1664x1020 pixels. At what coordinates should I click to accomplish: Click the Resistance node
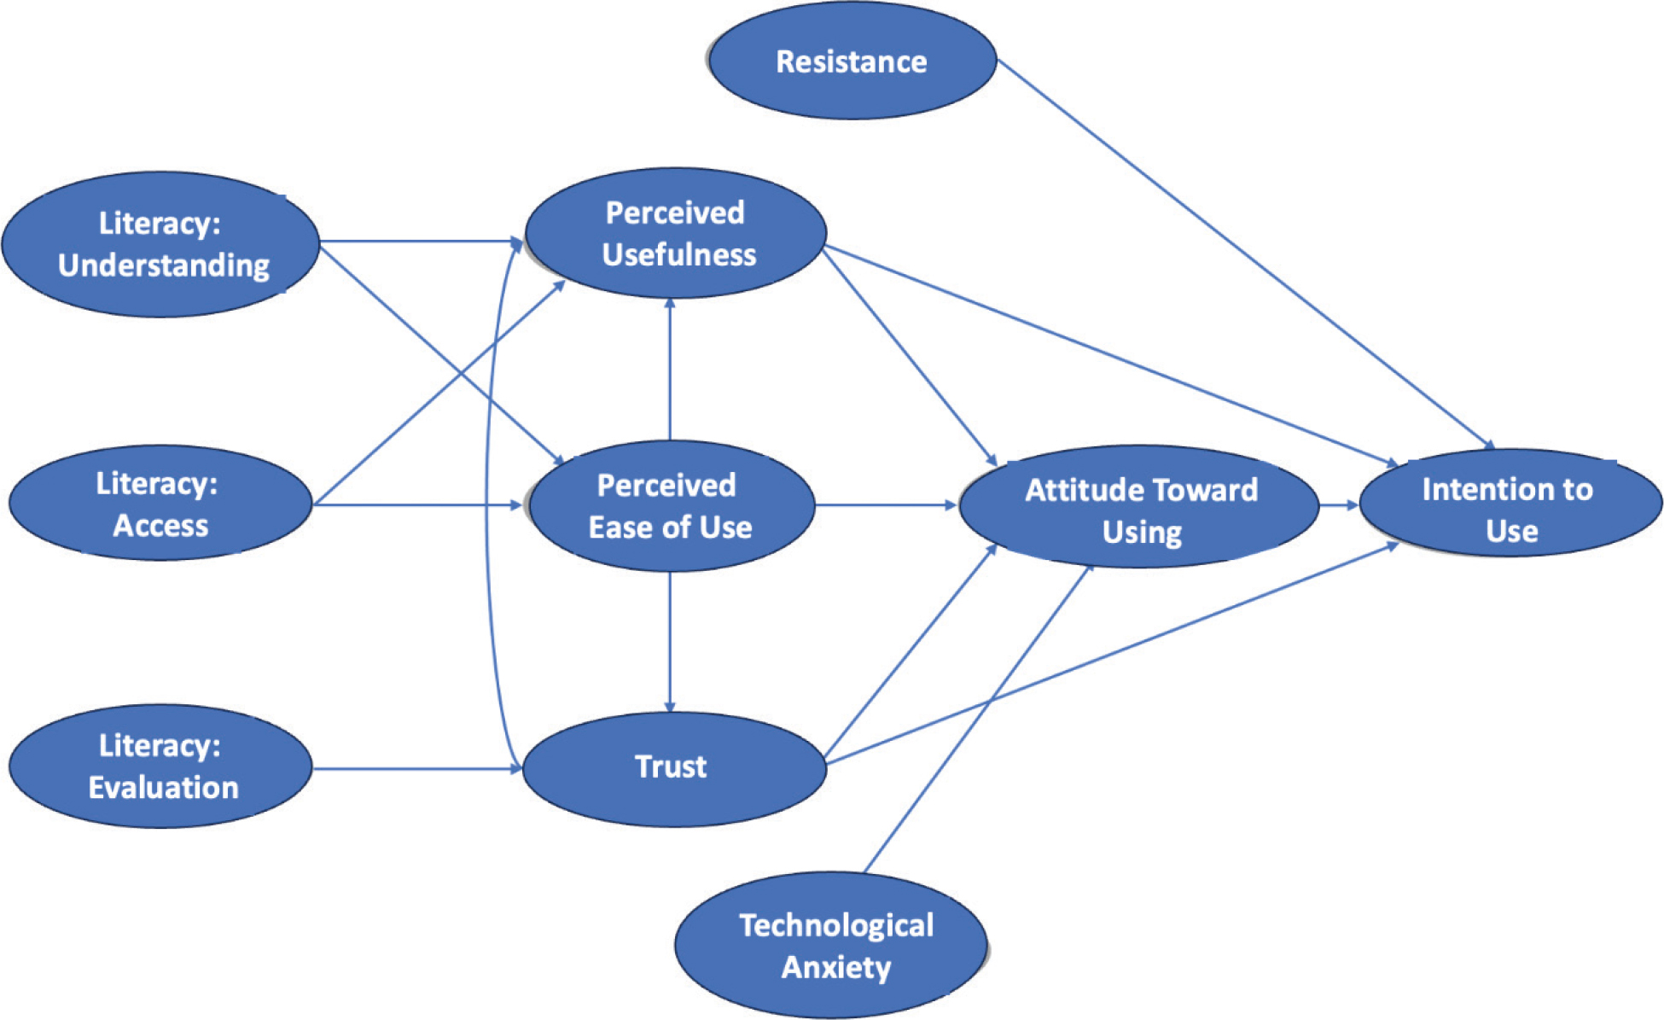click(852, 61)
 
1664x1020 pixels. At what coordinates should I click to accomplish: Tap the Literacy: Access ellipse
click(160, 504)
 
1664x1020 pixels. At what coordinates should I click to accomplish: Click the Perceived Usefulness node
click(675, 233)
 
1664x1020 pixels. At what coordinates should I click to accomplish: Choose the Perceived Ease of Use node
click(671, 505)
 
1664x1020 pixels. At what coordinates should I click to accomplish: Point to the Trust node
click(673, 767)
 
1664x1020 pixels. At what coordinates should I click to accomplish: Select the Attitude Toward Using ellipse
click(1139, 508)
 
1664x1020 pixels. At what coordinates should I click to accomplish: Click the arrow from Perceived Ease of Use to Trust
click(670, 640)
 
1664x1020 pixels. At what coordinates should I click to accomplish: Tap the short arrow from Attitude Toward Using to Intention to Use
click(1338, 505)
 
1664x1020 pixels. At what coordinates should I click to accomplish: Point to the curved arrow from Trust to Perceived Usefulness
click(487, 504)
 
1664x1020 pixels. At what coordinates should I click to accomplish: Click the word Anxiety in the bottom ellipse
click(836, 967)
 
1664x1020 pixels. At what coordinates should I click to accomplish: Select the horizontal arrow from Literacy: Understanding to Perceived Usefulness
click(418, 242)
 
